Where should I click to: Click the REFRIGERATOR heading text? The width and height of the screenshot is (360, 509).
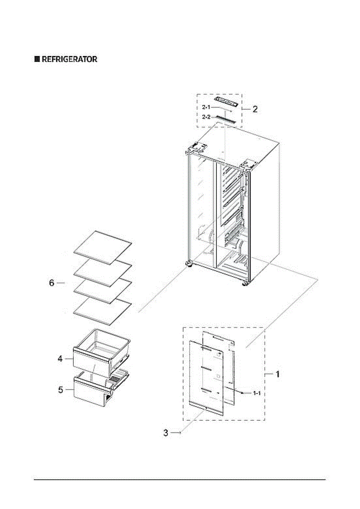tap(69, 59)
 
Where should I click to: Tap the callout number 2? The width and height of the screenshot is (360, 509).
tap(255, 109)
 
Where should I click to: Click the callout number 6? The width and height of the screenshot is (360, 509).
tap(52, 283)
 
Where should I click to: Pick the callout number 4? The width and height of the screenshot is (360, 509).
tap(61, 359)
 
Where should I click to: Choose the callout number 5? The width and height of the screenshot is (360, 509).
tap(61, 390)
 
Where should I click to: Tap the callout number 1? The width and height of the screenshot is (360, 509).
tap(278, 375)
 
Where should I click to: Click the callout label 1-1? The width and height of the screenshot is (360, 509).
tap(257, 394)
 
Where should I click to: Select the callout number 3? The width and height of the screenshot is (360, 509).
tap(166, 433)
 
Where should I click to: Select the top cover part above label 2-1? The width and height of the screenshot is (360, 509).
tap(227, 101)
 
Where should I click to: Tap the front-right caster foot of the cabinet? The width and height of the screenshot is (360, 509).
tap(245, 284)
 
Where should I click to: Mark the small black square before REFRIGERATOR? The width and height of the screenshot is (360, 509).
tap(37, 59)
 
